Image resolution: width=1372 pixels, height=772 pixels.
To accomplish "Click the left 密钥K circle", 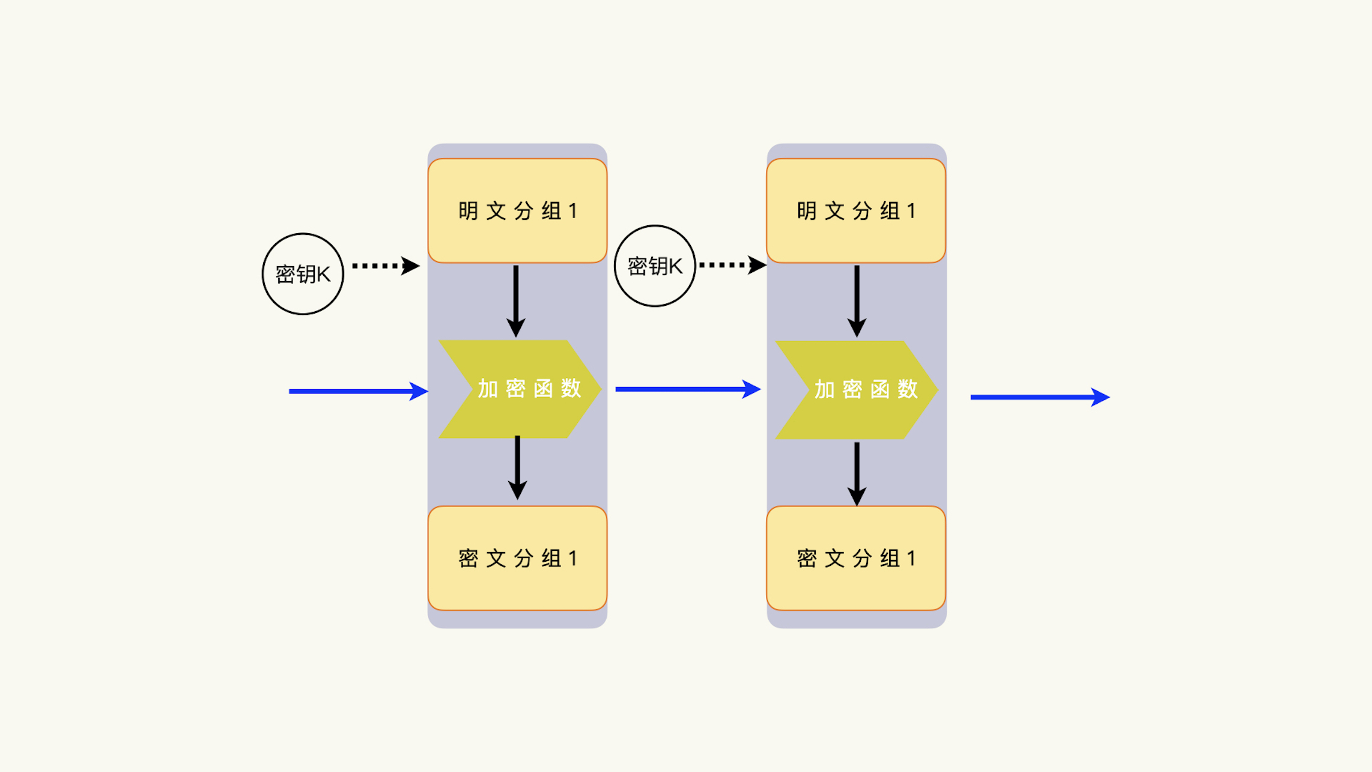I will (x=303, y=274).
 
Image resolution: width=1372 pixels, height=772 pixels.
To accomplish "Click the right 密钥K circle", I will (x=655, y=266).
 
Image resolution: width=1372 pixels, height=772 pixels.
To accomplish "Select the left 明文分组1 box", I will (x=517, y=210).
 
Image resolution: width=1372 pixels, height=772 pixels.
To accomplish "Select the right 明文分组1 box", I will (x=856, y=210).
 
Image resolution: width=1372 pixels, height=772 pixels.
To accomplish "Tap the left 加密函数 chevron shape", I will (x=520, y=389).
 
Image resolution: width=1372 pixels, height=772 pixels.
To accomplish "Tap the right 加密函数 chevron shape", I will (x=857, y=390).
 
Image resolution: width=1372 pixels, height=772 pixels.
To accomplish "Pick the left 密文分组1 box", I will (x=517, y=558).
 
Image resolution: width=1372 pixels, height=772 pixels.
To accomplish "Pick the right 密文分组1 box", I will (x=856, y=558).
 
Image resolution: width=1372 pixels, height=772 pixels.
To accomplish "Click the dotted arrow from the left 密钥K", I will (x=385, y=266).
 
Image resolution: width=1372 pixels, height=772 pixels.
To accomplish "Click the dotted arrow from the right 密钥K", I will (x=732, y=265).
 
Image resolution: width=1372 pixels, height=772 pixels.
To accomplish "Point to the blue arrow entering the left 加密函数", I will (x=358, y=391).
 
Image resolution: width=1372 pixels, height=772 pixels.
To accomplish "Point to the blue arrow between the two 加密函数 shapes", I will (x=688, y=389).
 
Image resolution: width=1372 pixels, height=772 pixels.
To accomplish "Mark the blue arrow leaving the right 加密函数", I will (x=1040, y=397).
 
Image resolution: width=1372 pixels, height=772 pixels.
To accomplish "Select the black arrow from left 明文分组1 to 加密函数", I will (x=516, y=300).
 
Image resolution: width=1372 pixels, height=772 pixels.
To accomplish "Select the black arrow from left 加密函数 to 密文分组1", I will (x=517, y=467).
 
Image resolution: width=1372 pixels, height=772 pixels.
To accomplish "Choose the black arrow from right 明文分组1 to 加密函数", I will (x=857, y=300).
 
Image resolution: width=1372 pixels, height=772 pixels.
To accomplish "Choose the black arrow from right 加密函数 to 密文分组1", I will (x=857, y=473).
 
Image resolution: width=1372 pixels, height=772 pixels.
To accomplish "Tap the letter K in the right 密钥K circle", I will (x=675, y=266).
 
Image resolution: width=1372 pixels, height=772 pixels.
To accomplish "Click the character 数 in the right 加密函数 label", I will (x=908, y=389).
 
